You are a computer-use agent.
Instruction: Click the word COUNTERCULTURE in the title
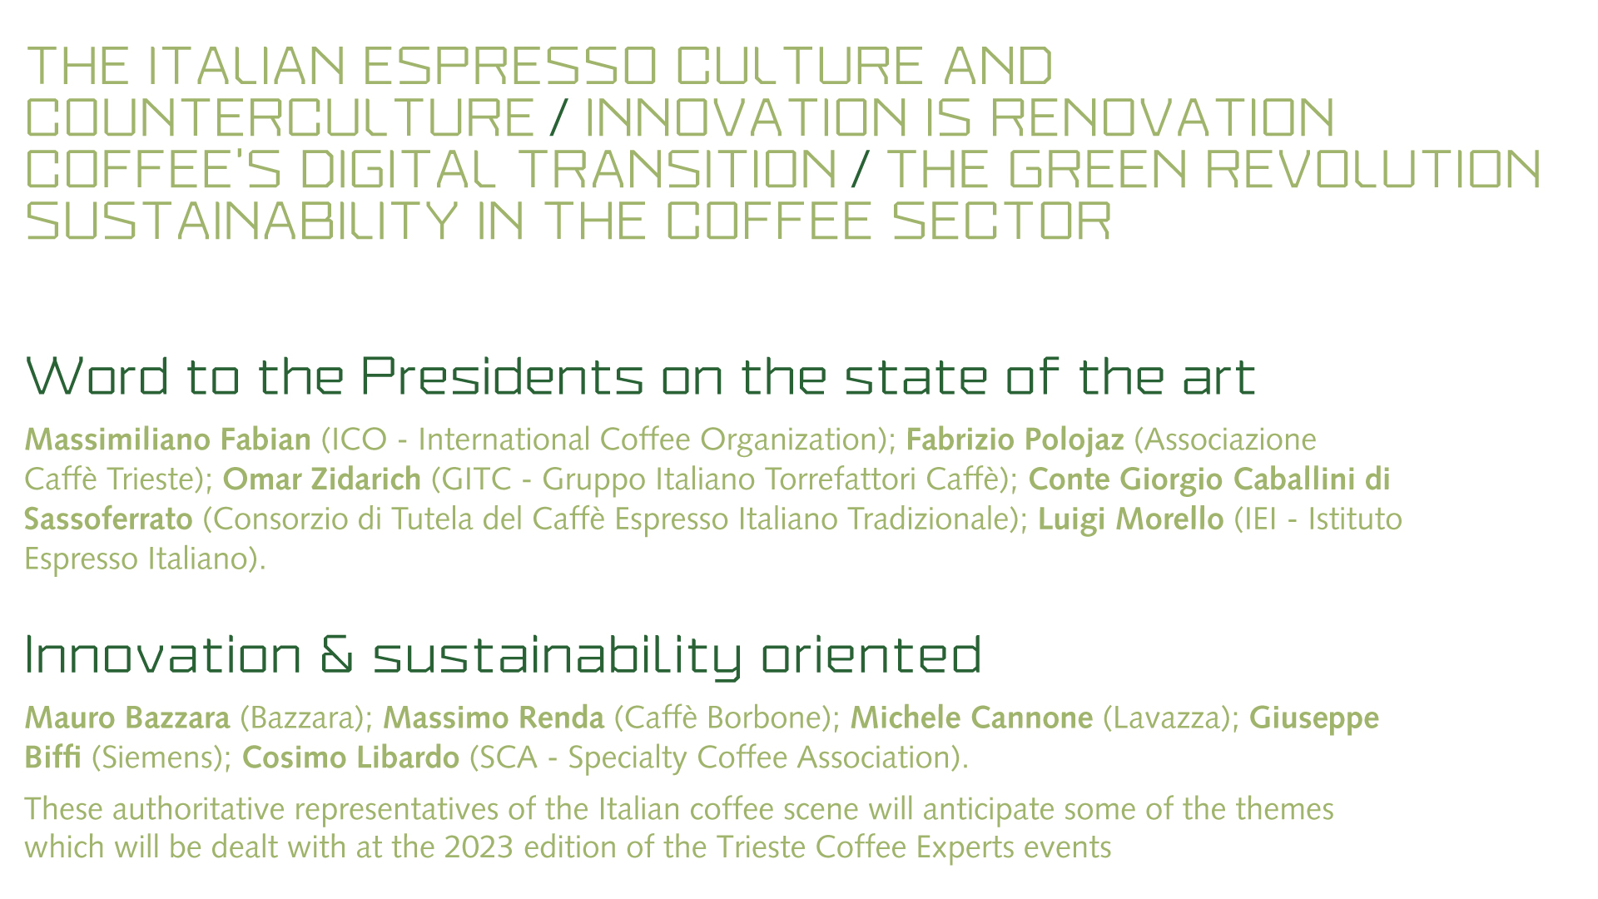pyautogui.click(x=280, y=117)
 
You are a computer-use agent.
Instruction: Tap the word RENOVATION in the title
pyautogui.click(x=1164, y=117)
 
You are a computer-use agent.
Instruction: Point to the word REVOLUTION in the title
pyautogui.click(x=1373, y=169)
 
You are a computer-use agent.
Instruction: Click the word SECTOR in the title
pyautogui.click(x=1002, y=221)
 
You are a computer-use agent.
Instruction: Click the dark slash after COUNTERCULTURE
pyautogui.click(x=559, y=117)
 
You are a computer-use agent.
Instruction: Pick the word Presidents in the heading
pyautogui.click(x=502, y=376)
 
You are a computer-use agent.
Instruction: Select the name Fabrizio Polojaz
pyautogui.click(x=1015, y=439)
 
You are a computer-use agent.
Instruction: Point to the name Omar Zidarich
pyautogui.click(x=322, y=479)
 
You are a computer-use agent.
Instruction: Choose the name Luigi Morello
pyautogui.click(x=1131, y=519)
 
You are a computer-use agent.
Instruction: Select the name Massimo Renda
pyautogui.click(x=494, y=718)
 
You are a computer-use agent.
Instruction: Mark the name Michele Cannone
pyautogui.click(x=971, y=718)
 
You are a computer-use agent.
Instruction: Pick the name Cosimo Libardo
pyautogui.click(x=350, y=757)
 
